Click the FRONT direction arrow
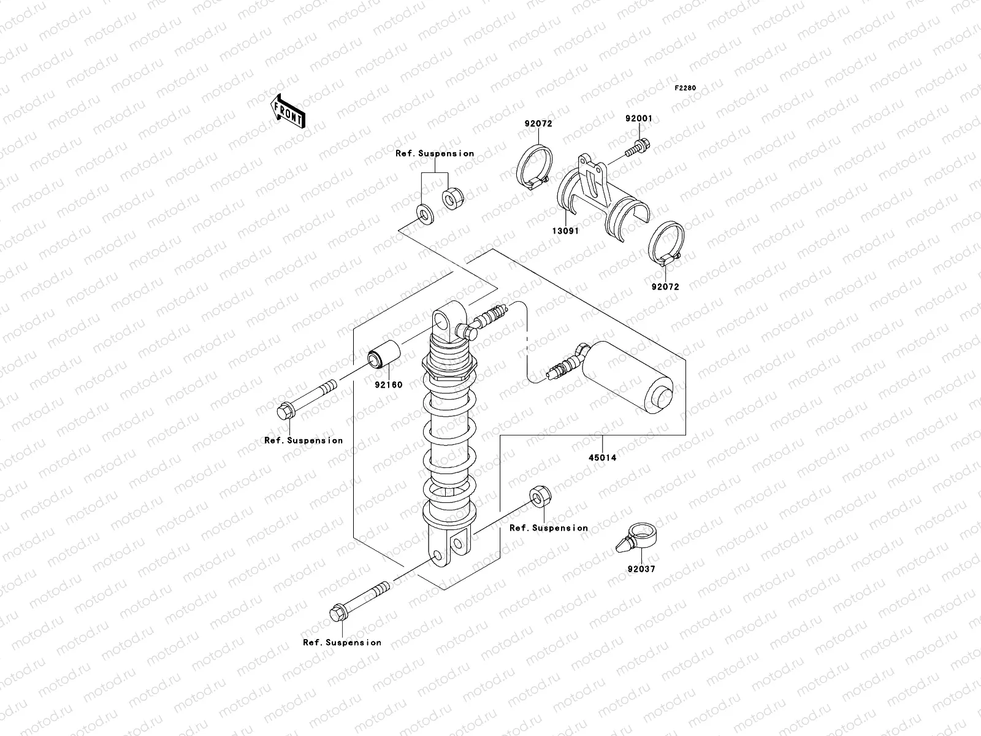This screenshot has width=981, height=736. click(x=288, y=111)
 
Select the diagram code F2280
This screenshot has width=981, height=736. click(x=685, y=88)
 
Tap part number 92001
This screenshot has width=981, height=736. click(x=639, y=118)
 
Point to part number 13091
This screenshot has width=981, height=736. click(x=568, y=231)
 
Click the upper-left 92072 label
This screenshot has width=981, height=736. click(x=538, y=123)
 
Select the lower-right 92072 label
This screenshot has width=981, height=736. click(x=665, y=286)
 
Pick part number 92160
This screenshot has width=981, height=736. click(x=389, y=385)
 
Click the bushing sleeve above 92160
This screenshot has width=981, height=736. click(x=384, y=357)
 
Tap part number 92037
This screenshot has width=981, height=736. click(x=641, y=569)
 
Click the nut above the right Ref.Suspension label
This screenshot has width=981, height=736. click(x=540, y=497)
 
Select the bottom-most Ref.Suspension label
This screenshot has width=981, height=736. click(x=342, y=642)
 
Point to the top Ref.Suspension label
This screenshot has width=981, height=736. click(x=435, y=153)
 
